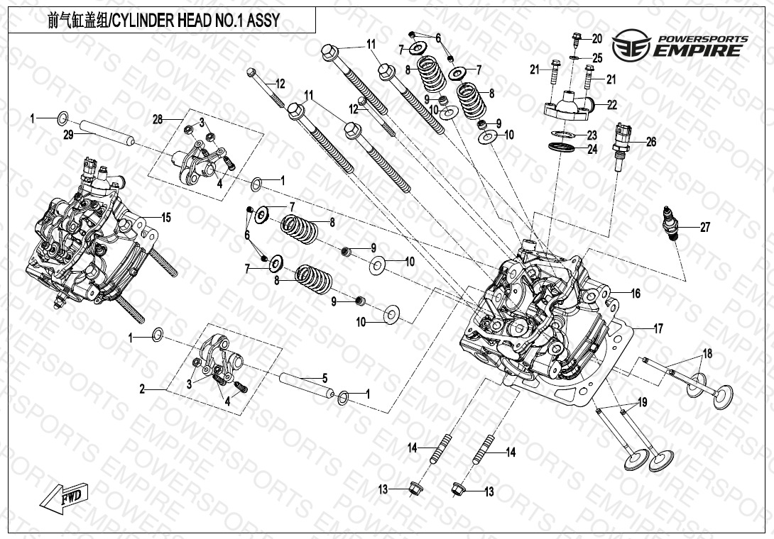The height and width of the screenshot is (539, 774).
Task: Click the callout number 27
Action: click(704, 228)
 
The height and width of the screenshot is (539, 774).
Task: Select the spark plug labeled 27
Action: click(670, 223)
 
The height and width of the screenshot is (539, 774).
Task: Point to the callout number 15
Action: click(166, 218)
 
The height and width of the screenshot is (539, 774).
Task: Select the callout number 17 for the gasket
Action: click(658, 328)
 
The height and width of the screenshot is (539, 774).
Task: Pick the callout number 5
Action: click(325, 377)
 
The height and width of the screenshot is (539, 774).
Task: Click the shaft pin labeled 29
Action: click(107, 133)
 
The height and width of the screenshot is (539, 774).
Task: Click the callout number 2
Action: click(142, 389)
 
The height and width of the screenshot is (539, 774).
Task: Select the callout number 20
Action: click(596, 38)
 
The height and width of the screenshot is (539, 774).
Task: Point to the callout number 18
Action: click(707, 353)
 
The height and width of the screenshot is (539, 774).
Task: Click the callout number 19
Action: click(642, 402)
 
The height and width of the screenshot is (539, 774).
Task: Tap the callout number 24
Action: click(592, 149)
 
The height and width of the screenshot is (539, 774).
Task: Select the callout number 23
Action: click(592, 135)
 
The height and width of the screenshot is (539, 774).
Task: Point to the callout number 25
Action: click(597, 57)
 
